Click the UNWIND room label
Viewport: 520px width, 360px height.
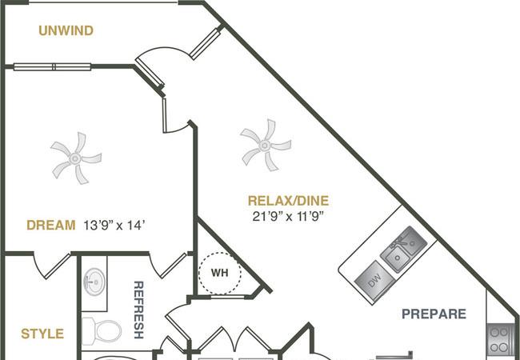(66, 30)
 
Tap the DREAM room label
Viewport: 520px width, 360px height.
(51, 225)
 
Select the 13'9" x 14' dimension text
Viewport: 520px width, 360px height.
(114, 226)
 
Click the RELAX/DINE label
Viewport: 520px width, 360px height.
(289, 201)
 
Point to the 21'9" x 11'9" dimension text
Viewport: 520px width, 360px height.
(288, 217)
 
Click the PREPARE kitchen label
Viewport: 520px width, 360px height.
(434, 314)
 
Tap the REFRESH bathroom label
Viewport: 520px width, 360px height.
(138, 310)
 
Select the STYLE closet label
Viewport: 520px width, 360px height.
(42, 334)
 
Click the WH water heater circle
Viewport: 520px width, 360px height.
(220, 273)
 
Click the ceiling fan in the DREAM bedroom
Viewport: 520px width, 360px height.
(76, 158)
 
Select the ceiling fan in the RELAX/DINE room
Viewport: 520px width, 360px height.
(266, 145)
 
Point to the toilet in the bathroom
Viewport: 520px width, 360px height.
(102, 331)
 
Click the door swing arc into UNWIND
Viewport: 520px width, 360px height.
(165, 50)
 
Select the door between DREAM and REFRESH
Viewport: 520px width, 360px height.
(168, 265)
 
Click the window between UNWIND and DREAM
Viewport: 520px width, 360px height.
(52, 66)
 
